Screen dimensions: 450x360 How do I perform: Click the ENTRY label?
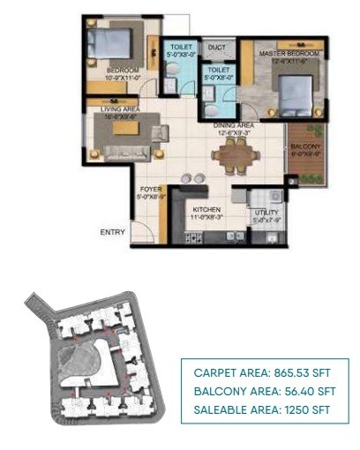[112, 232]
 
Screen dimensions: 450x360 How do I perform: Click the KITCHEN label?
[206, 209]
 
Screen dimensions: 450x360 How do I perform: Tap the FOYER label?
[149, 190]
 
